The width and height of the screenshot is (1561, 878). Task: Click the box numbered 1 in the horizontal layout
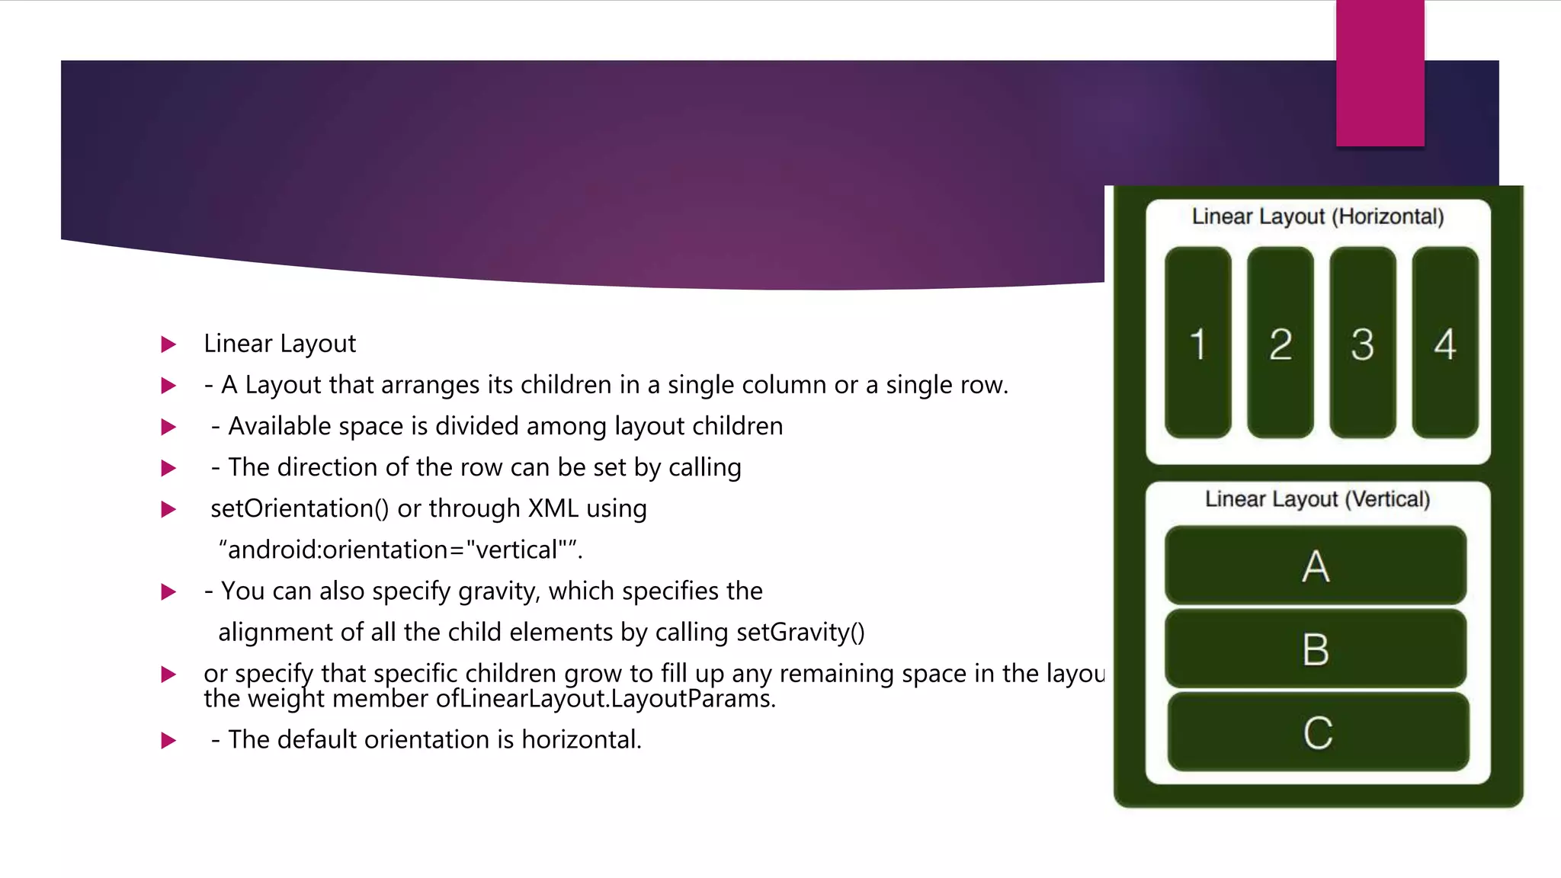coord(1197,343)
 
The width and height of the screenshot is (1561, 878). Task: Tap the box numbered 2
coord(1280,343)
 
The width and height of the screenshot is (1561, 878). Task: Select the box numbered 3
coord(1362,343)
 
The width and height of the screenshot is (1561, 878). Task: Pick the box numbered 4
coord(1444,343)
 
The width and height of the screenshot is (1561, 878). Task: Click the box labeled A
coord(1316,566)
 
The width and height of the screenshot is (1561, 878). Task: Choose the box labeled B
coord(1316,649)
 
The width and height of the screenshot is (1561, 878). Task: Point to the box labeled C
coord(1318,732)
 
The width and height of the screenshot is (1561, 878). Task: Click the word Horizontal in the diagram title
coord(1390,216)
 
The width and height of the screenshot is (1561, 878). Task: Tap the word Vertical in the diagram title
coord(1387,499)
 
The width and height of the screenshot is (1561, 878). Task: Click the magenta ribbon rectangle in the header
coord(1380,73)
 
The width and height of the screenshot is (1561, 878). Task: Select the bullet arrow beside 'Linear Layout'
coord(168,344)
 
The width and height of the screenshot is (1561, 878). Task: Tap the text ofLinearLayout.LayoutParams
coord(605,699)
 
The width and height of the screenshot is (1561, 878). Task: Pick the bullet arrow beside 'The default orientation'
coord(168,740)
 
